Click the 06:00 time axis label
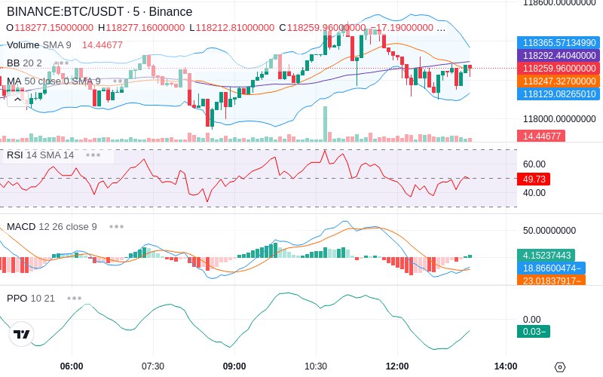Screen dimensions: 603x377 click(72, 366)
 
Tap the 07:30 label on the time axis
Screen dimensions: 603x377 click(153, 366)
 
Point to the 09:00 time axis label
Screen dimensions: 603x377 click(234, 366)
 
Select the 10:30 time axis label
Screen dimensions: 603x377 click(316, 366)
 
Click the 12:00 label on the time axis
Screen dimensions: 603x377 click(397, 366)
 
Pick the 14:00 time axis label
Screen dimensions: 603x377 click(506, 366)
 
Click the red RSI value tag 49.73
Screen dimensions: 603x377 click(534, 179)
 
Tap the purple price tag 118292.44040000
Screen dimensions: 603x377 click(559, 55)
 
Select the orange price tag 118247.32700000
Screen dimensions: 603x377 click(559, 81)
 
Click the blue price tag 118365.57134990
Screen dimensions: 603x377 click(559, 42)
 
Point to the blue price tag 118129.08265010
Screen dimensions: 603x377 click(559, 93)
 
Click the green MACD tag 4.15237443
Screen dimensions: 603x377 click(546, 255)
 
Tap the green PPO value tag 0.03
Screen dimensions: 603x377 click(534, 331)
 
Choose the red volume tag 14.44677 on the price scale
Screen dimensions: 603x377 click(541, 136)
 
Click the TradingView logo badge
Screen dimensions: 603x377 click(22, 334)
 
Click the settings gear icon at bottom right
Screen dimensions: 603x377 click(560, 367)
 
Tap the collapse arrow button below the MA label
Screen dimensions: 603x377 click(17, 100)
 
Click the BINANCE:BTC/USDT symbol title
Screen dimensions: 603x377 click(66, 11)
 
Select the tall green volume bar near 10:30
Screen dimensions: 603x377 click(326, 124)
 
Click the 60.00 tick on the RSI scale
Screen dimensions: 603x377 click(534, 164)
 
